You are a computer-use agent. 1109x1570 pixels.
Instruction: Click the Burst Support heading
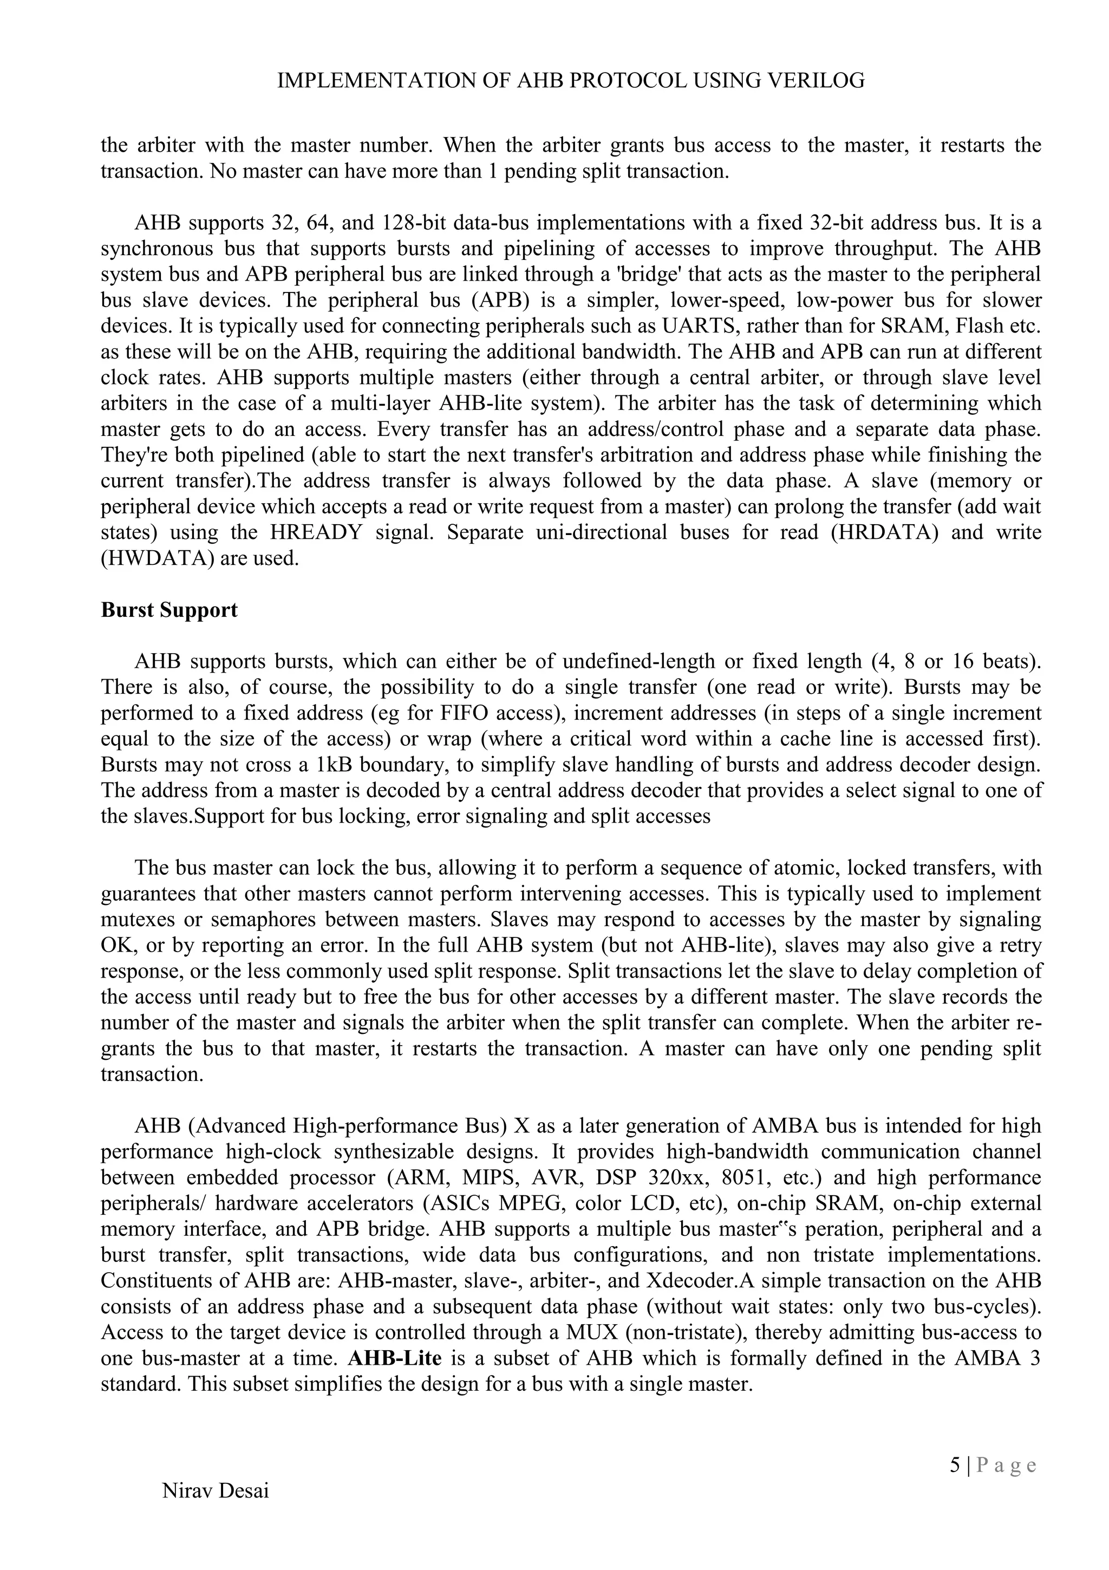pyautogui.click(x=169, y=610)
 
